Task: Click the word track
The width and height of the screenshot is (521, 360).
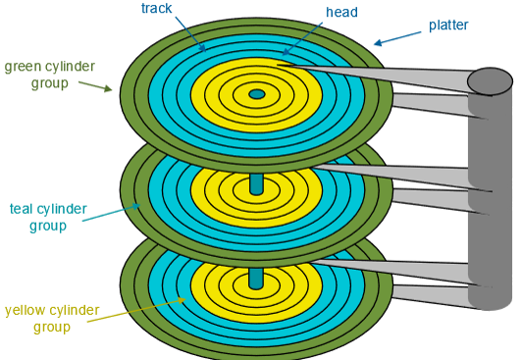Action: point(157,8)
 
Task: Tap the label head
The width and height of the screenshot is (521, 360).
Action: point(341,12)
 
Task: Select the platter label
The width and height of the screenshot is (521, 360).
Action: point(448,26)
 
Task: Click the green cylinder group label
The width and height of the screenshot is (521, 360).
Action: point(49,75)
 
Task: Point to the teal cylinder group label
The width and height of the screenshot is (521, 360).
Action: point(48,218)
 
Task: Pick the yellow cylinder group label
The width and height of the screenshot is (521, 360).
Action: point(52,319)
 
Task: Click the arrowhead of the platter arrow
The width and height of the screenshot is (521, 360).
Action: point(378,43)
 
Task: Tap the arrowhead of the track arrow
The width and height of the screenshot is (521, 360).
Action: point(203,48)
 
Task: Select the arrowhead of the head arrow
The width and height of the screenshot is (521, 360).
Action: point(286,51)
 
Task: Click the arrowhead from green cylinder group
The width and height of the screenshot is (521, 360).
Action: point(108,88)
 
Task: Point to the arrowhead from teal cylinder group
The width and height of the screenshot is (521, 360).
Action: point(136,206)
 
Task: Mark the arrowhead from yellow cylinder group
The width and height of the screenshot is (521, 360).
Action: point(182,300)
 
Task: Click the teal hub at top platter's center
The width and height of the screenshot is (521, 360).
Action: point(257,94)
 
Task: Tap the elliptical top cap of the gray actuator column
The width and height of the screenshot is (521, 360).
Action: point(491,81)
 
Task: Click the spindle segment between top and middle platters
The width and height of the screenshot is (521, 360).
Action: point(256,184)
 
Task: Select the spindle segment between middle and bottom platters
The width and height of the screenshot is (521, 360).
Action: point(256,279)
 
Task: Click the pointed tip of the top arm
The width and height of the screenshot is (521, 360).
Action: point(278,65)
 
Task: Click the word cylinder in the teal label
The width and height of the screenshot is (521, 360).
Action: point(62,209)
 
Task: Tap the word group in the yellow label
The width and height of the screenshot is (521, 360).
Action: point(52,327)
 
